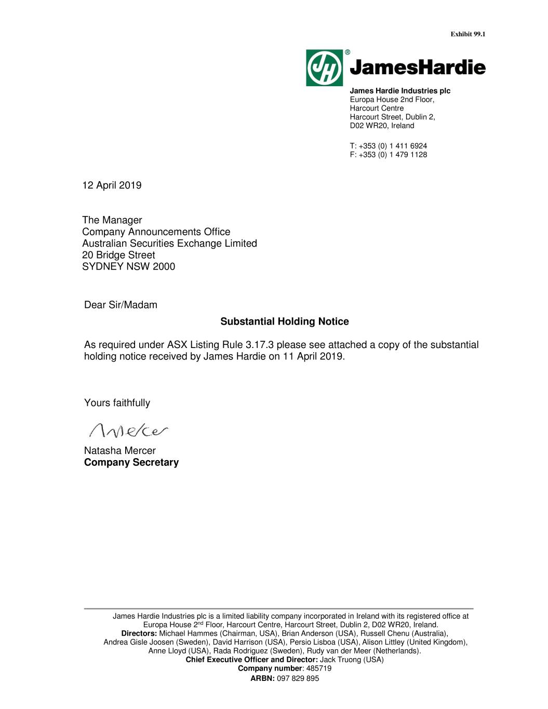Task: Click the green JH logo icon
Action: pyautogui.click(x=324, y=68)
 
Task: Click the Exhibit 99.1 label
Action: pyautogui.click(x=467, y=34)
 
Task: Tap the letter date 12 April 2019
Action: pyautogui.click(x=112, y=185)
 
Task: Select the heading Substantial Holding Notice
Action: pyautogui.click(x=285, y=322)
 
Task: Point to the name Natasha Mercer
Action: pyautogui.click(x=120, y=450)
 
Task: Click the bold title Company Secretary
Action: pyautogui.click(x=131, y=462)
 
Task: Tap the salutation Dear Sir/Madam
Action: pyautogui.click(x=121, y=305)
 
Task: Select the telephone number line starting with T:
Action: pyautogui.click(x=389, y=146)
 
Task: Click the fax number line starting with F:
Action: pyautogui.click(x=389, y=155)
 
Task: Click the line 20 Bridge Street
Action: pyautogui.click(x=118, y=255)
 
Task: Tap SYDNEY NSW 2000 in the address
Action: pyautogui.click(x=129, y=266)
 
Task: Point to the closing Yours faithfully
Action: pyautogui.click(x=117, y=403)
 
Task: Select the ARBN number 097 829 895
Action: pyautogui.click(x=298, y=678)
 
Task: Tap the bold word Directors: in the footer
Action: pyautogui.click(x=139, y=634)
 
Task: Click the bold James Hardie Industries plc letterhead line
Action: pyautogui.click(x=400, y=91)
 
